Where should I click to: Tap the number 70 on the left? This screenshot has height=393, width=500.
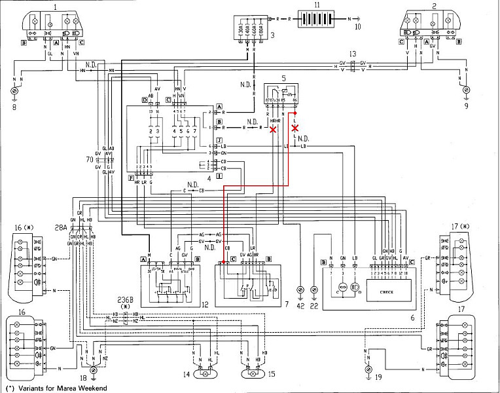pyautogui.click(x=89, y=159)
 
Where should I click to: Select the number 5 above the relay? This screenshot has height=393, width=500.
pyautogui.click(x=283, y=78)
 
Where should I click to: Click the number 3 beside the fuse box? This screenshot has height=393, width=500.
pyautogui.click(x=272, y=34)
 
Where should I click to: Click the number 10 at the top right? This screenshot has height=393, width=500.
pyautogui.click(x=357, y=27)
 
